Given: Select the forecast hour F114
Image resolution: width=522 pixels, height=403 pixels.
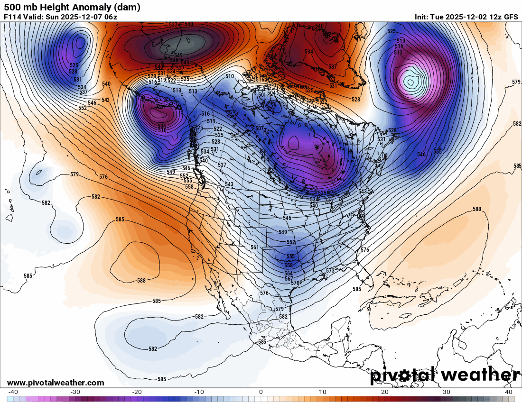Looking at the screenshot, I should [12, 17].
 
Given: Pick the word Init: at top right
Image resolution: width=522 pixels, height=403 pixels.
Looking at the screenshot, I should [421, 17].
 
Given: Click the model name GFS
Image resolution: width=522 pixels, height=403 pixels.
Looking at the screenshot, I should [511, 17].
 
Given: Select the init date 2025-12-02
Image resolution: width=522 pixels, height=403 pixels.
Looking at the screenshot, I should [465, 17].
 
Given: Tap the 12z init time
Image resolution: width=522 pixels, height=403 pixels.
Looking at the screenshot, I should [493, 17].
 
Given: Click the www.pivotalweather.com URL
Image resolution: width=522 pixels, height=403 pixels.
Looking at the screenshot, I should [56, 383].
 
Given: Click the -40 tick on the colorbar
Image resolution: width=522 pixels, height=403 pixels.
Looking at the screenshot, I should [13, 392].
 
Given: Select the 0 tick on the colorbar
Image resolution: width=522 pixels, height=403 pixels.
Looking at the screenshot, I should [261, 392].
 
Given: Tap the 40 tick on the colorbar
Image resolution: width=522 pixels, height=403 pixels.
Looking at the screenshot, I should [509, 392].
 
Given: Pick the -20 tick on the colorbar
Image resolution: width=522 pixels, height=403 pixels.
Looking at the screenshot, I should [137, 392].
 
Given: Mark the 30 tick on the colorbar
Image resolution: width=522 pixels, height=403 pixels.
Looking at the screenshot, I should [447, 392].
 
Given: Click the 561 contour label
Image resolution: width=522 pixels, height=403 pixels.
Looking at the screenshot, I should [255, 247].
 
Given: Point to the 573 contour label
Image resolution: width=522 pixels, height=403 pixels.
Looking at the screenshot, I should [330, 271].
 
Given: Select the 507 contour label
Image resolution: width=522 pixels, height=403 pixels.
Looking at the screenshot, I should [259, 129].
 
